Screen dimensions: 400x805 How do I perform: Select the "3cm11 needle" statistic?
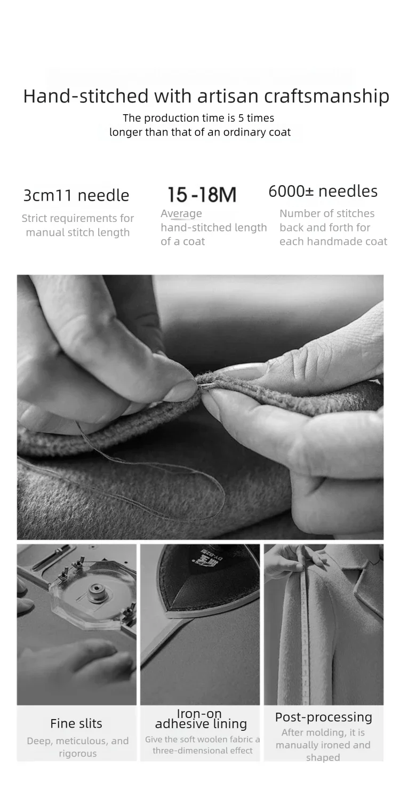tap(76, 195)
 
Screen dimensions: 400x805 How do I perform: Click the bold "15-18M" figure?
tap(202, 194)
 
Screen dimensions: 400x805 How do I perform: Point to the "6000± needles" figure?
tap(323, 191)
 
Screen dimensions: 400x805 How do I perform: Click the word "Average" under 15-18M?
tap(181, 214)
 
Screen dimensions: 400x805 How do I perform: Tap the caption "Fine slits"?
tap(76, 723)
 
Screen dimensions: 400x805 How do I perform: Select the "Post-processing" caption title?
tap(323, 717)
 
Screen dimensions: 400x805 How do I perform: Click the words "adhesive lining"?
tap(201, 724)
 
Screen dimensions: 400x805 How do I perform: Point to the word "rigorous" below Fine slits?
tap(78, 754)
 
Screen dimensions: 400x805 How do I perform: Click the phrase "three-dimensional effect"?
tap(202, 751)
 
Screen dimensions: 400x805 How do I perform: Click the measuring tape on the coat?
tap(306, 625)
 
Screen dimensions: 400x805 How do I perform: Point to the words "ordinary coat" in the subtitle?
tap(257, 133)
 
